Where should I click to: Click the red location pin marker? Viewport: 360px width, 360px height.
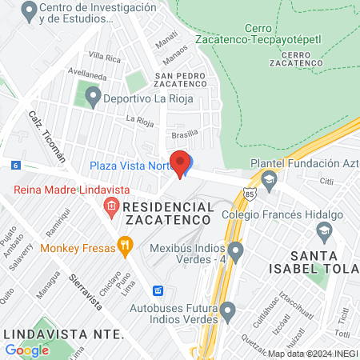180,163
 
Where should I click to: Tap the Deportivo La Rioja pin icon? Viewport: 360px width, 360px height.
92,98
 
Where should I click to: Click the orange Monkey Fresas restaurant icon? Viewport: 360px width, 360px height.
124,246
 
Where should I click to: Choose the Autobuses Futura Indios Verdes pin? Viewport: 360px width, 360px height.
228,310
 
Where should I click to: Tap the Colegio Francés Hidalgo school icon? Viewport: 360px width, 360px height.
324,232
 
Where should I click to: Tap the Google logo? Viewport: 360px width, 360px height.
26,350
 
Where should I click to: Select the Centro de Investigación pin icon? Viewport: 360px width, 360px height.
30,12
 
